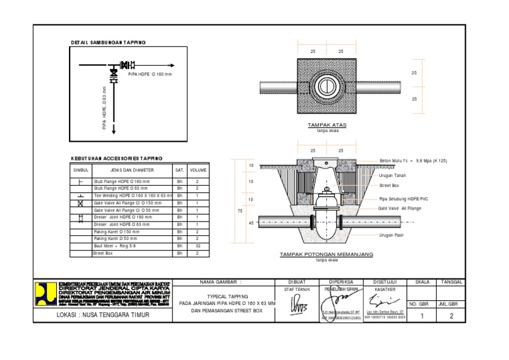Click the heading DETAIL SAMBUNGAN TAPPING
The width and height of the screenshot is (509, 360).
[108, 43]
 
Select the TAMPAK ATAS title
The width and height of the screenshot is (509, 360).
[327, 125]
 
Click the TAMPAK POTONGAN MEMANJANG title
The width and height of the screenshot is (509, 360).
[327, 254]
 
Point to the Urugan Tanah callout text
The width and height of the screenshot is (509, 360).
[392, 175]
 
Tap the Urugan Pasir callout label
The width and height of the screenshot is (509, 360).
[392, 235]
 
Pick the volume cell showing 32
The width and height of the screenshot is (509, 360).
[198, 246]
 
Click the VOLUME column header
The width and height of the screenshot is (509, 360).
[198, 170]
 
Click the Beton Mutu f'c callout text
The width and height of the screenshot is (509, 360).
[414, 160]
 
